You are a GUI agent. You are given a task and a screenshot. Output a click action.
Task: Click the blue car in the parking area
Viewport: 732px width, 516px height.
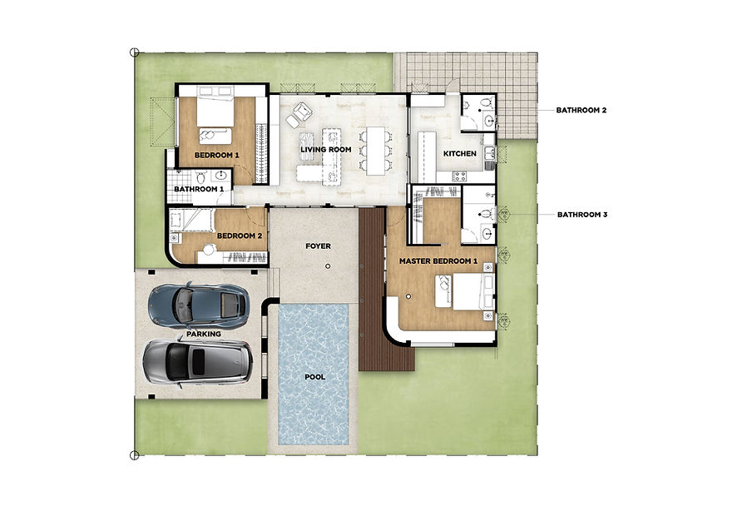[x=199, y=305]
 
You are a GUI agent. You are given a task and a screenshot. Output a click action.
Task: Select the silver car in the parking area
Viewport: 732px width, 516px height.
[x=197, y=363]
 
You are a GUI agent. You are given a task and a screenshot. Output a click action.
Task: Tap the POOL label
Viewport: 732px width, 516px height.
[x=315, y=377]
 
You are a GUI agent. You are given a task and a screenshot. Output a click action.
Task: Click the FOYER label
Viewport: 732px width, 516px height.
[x=319, y=246]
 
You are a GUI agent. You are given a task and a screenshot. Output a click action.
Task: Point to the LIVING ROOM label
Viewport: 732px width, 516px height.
[x=326, y=150]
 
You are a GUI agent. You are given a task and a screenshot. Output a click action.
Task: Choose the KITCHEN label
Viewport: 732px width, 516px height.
[x=460, y=154]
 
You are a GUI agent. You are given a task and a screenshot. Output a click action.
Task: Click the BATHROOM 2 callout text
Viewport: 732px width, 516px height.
[x=581, y=110]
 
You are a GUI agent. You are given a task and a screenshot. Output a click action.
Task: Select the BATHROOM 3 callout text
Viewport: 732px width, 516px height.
[x=582, y=215]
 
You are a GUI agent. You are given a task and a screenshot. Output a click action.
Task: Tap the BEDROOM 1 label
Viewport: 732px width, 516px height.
[x=216, y=155]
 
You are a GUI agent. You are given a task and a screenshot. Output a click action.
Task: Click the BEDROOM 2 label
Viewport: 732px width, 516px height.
[x=240, y=236]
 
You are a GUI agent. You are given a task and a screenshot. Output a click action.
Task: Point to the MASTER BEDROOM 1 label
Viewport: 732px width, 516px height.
[x=438, y=261]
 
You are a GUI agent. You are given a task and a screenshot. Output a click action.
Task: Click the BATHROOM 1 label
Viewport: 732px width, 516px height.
[x=199, y=189]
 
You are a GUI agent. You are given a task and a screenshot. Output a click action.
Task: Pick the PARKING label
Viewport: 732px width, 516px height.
[x=204, y=334]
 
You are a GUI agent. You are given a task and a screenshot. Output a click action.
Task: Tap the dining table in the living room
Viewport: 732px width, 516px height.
[x=375, y=151]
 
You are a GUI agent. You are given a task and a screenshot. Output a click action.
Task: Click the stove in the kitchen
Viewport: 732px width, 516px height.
[x=459, y=176]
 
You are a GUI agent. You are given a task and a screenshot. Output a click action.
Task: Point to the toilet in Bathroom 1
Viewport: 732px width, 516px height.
[x=200, y=177]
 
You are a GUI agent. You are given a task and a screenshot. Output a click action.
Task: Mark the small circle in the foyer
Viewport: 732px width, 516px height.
[x=328, y=266]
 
